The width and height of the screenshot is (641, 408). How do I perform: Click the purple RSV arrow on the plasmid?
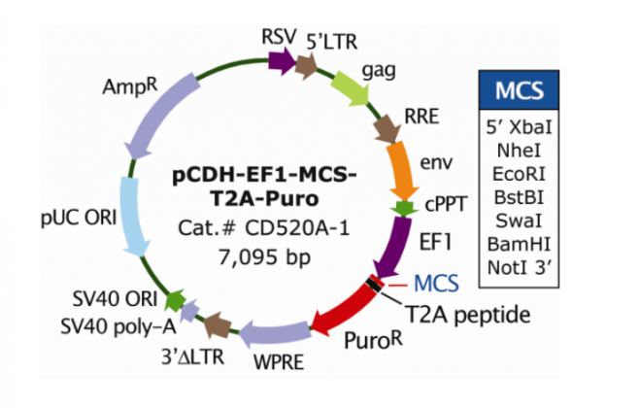coord(281,62)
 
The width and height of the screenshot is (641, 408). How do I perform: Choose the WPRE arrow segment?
coord(266,335)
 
